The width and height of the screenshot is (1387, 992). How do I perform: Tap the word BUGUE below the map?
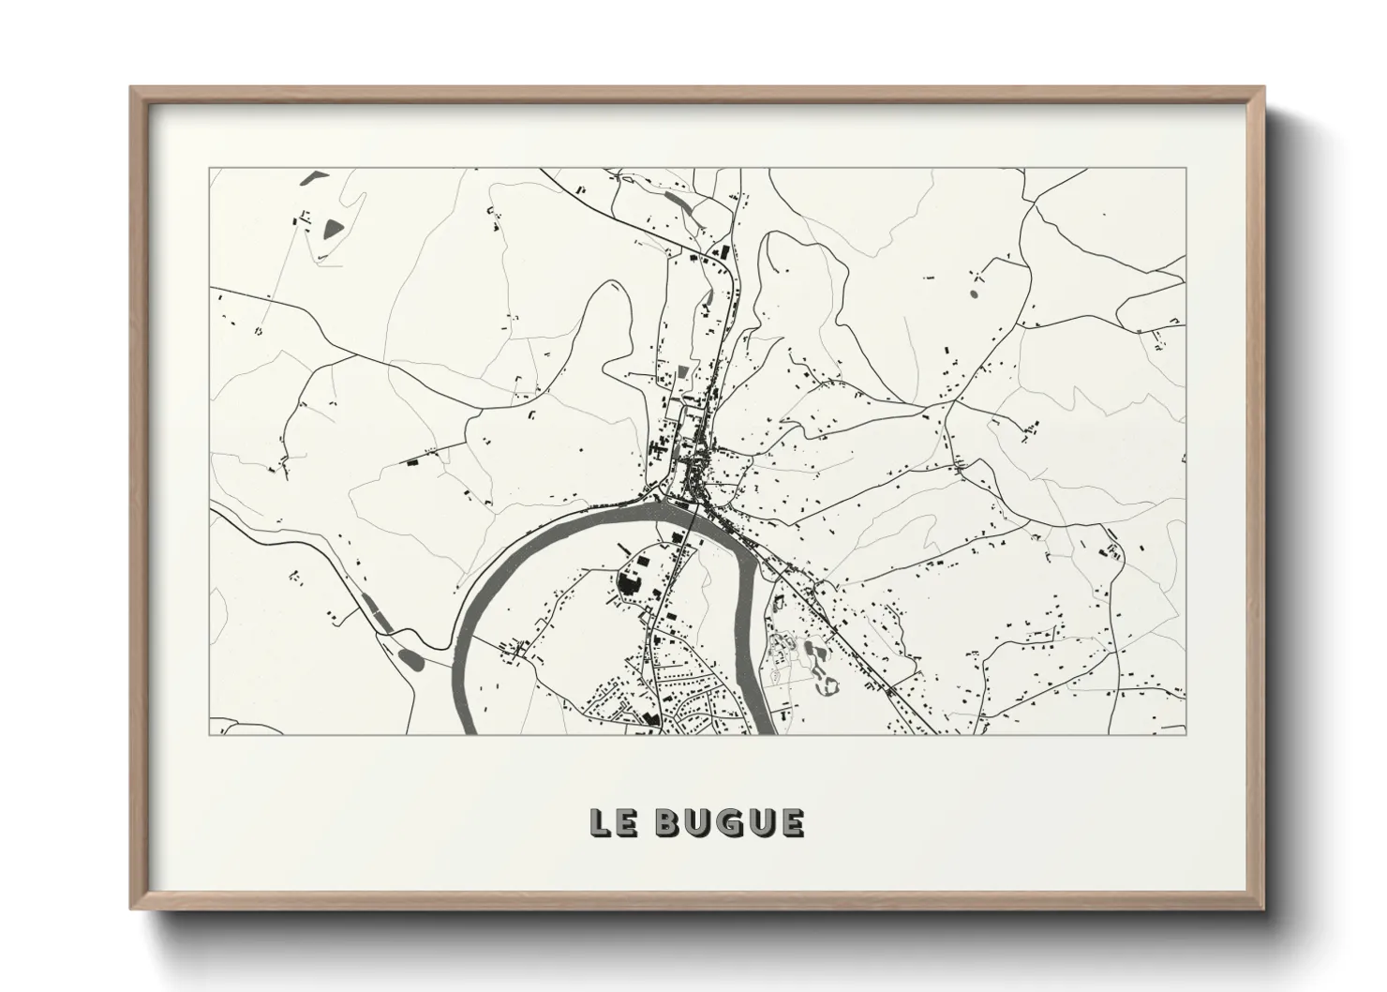(x=729, y=822)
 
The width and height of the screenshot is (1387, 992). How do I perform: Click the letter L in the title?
(x=600, y=822)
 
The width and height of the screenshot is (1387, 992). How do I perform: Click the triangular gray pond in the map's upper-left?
(x=332, y=227)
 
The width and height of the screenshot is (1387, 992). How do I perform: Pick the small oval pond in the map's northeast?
(x=972, y=294)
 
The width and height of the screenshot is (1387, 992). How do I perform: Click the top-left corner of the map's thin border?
(x=210, y=170)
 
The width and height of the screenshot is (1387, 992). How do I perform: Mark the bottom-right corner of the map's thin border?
(x=1186, y=734)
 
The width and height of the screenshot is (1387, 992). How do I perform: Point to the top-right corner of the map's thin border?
(x=1186, y=170)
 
